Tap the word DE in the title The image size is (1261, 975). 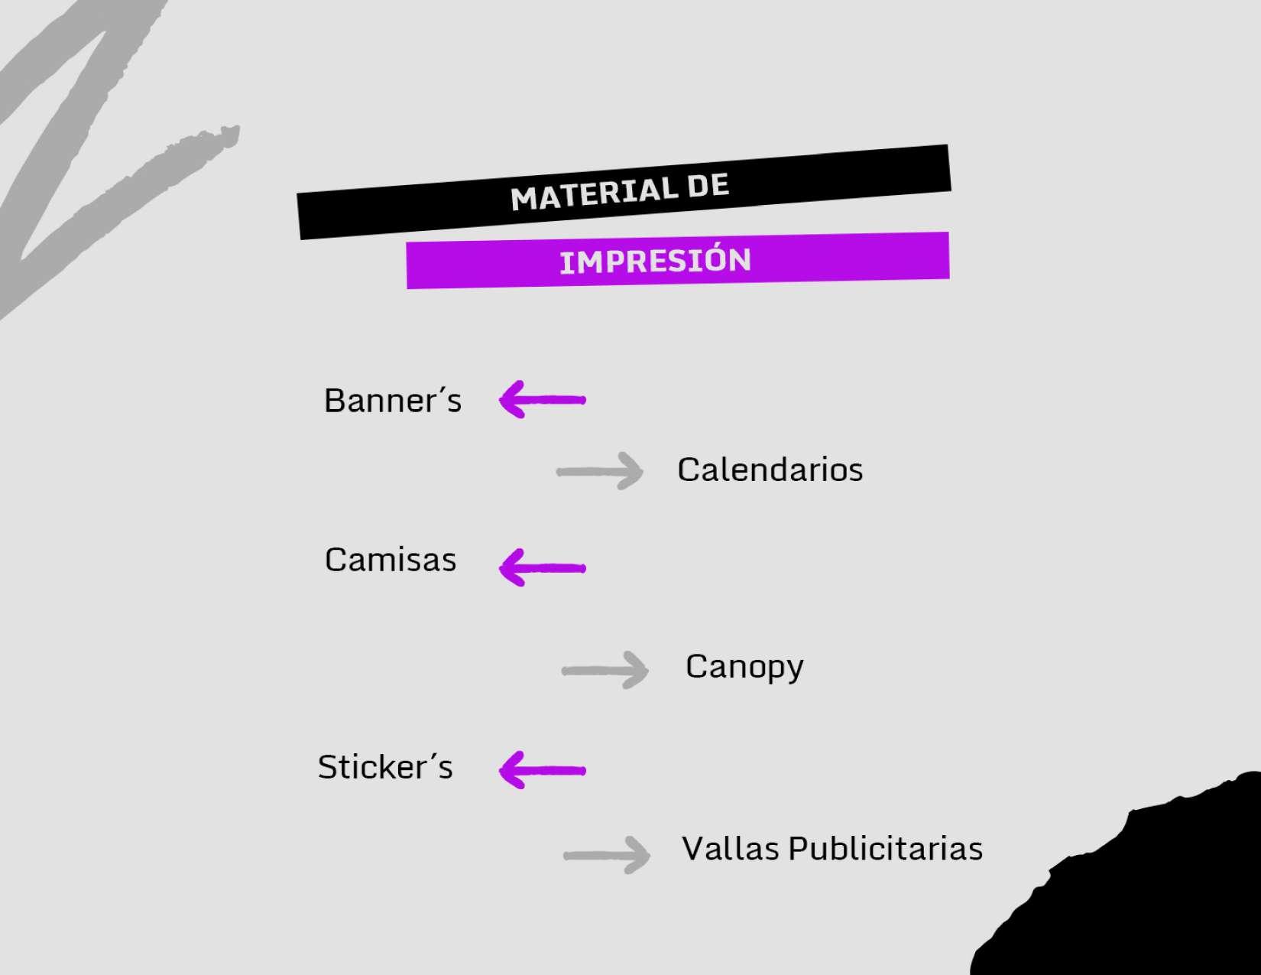(708, 186)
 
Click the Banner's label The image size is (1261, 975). (393, 401)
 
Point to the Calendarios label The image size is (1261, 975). (770, 470)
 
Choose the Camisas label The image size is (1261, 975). (391, 560)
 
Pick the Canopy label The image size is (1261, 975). (744, 667)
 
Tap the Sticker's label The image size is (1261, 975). (385, 767)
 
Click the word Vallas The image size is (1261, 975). (731, 849)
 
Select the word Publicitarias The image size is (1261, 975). (886, 849)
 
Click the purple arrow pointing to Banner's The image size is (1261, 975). (542, 399)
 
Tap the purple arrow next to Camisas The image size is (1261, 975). (542, 567)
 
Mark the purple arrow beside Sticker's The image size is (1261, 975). (542, 769)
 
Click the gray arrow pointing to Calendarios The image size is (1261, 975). (601, 471)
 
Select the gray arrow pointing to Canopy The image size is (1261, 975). (605, 671)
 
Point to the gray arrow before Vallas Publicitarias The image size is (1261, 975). (607, 855)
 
